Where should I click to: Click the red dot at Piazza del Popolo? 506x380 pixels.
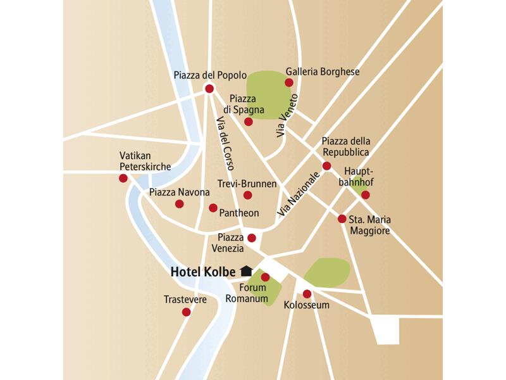(209, 89)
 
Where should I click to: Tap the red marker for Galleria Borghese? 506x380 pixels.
(289, 83)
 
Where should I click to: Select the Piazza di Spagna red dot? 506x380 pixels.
(249, 121)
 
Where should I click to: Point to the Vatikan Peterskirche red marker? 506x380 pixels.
(123, 179)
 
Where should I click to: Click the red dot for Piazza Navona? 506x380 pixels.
(180, 204)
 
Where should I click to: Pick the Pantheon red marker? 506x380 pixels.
(213, 208)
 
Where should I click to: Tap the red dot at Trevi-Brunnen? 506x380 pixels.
(247, 195)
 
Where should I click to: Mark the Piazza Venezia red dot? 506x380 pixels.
(252, 238)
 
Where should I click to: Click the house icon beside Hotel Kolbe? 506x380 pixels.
(246, 270)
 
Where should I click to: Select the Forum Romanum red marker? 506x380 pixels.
(265, 277)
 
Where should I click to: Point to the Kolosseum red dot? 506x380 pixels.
(307, 294)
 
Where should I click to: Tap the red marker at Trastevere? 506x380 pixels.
(186, 312)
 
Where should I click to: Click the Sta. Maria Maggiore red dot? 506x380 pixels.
(342, 219)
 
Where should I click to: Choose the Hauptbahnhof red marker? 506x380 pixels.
(365, 195)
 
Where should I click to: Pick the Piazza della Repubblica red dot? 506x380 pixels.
(326, 166)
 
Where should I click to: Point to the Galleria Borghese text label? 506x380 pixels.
(323, 72)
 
